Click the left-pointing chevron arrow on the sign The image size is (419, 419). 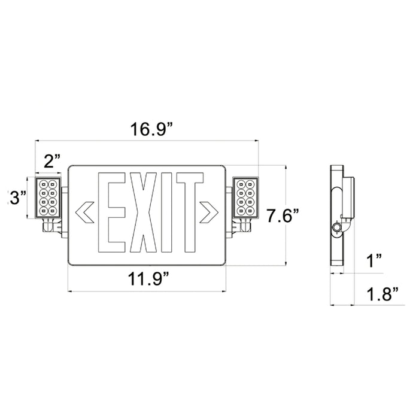84,211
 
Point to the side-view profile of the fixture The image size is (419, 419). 338,215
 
